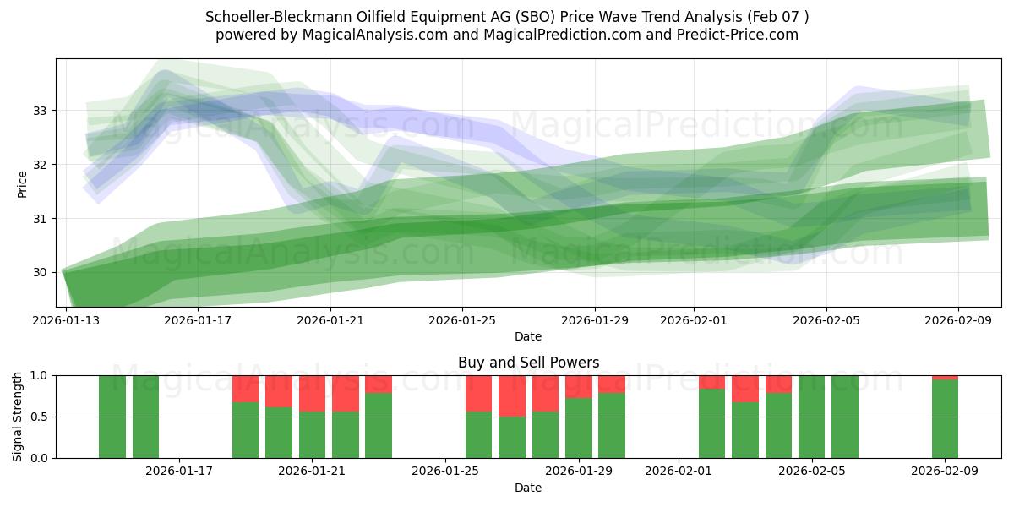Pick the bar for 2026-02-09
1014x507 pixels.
coord(945,418)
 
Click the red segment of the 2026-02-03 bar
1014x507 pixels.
coord(744,389)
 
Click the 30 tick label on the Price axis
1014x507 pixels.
coord(40,272)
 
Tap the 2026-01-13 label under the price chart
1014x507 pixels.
coord(66,320)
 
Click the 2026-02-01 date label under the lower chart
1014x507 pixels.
coord(679,472)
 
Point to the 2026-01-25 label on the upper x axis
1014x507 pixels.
coord(462,320)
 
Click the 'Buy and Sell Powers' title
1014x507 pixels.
coord(528,363)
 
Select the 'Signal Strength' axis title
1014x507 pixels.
coord(18,417)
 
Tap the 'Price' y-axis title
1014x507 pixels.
coord(22,183)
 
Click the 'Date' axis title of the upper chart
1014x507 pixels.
coord(528,336)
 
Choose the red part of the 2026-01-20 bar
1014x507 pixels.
coord(279,391)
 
